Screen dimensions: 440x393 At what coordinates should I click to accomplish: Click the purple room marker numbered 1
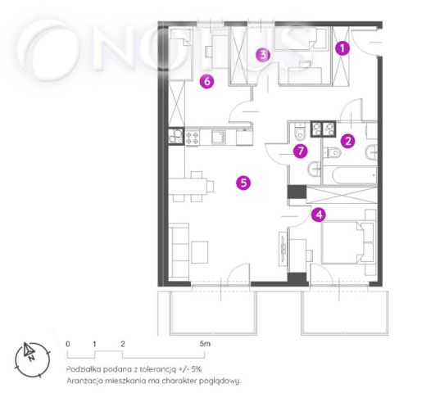coord(342,48)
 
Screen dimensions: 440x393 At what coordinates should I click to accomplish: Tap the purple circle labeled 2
coord(348,141)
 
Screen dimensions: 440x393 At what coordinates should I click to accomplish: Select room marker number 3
coord(263,55)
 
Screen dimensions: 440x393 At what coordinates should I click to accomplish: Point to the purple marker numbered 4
coord(319,215)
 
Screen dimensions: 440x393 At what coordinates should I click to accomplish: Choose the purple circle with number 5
coord(243,183)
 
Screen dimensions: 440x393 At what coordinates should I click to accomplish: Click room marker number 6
coord(206,82)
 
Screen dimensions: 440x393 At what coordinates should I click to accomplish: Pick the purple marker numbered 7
coord(301,151)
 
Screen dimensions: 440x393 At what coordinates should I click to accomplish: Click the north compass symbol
coord(32,359)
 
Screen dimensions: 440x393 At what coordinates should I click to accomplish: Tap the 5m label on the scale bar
coord(205,344)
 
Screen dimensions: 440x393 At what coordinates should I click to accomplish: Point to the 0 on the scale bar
coord(68,344)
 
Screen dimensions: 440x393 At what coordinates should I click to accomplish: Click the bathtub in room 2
coord(350,175)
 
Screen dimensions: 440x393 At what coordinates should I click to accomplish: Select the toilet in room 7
coord(300,132)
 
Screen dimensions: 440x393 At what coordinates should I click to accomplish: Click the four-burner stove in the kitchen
coord(193,137)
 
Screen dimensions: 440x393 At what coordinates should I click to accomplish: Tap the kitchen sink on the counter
coord(219,137)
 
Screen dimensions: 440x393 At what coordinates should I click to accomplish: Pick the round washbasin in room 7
coord(315,169)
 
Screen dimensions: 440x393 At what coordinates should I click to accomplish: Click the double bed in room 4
coord(347,242)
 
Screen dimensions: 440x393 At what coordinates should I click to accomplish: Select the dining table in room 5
coord(188,186)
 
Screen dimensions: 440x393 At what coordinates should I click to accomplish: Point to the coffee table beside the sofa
coord(200,252)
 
